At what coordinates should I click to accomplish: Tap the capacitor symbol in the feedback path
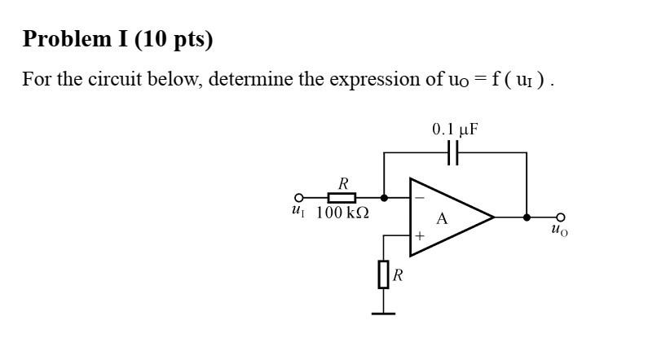[455, 152]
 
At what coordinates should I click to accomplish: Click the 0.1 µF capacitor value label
[455, 129]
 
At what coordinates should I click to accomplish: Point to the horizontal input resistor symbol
[342, 197]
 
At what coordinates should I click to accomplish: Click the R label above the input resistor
[343, 183]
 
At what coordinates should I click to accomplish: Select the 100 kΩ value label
[342, 213]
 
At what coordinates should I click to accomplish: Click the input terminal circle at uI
[299, 197]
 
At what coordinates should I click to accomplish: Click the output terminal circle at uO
[559, 217]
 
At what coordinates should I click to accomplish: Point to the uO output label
[559, 230]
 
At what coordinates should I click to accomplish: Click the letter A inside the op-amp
[443, 217]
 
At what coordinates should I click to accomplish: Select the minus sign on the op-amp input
[421, 197]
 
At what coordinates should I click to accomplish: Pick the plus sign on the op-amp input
[421, 236]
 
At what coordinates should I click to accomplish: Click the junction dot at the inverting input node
[384, 197]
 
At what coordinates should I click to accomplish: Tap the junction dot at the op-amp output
[527, 217]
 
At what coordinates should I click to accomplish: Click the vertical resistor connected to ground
[383, 274]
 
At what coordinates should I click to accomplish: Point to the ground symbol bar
[383, 313]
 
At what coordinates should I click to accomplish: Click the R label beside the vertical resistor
[398, 275]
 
